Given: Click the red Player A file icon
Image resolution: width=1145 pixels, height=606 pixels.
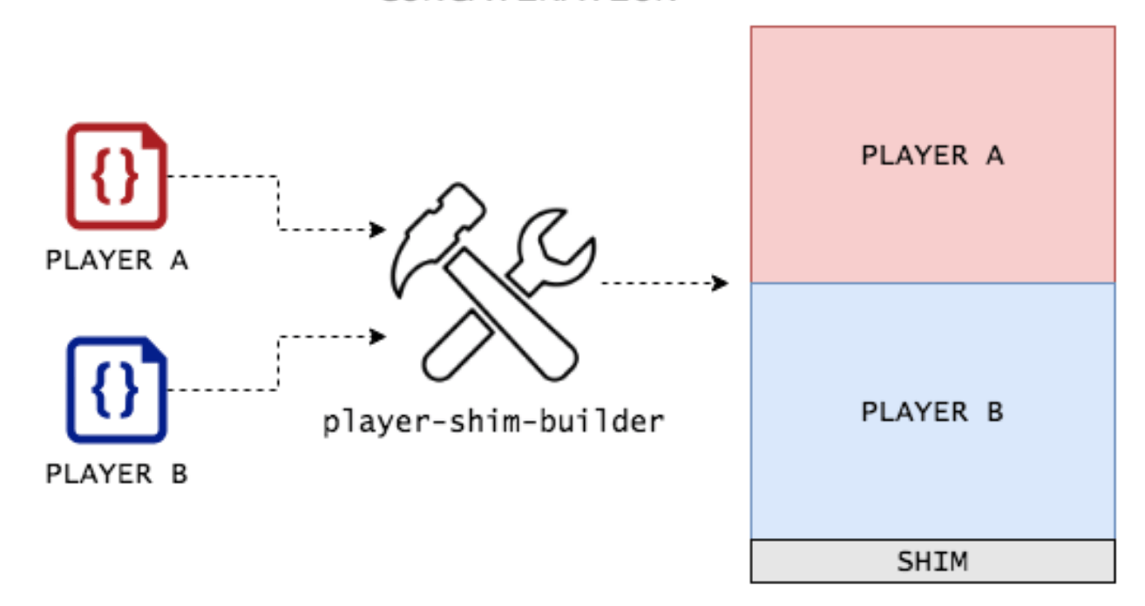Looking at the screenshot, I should click(x=117, y=177).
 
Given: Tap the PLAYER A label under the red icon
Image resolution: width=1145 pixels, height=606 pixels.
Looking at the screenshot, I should click(x=117, y=259).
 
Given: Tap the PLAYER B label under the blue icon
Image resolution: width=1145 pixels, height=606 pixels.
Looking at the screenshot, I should click(x=117, y=474).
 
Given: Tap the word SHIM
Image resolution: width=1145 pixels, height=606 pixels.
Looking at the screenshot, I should click(x=932, y=561).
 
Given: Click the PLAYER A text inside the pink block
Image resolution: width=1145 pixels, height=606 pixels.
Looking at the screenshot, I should click(x=932, y=155).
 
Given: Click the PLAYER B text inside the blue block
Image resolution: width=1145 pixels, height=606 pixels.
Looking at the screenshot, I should click(x=932, y=411).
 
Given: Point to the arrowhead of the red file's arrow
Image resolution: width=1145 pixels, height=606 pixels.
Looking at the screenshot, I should click(x=379, y=230).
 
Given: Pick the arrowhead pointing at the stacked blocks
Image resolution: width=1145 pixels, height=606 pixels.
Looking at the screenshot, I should click(x=721, y=283).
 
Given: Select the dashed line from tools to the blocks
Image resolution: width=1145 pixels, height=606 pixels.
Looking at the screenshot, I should click(x=658, y=283).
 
